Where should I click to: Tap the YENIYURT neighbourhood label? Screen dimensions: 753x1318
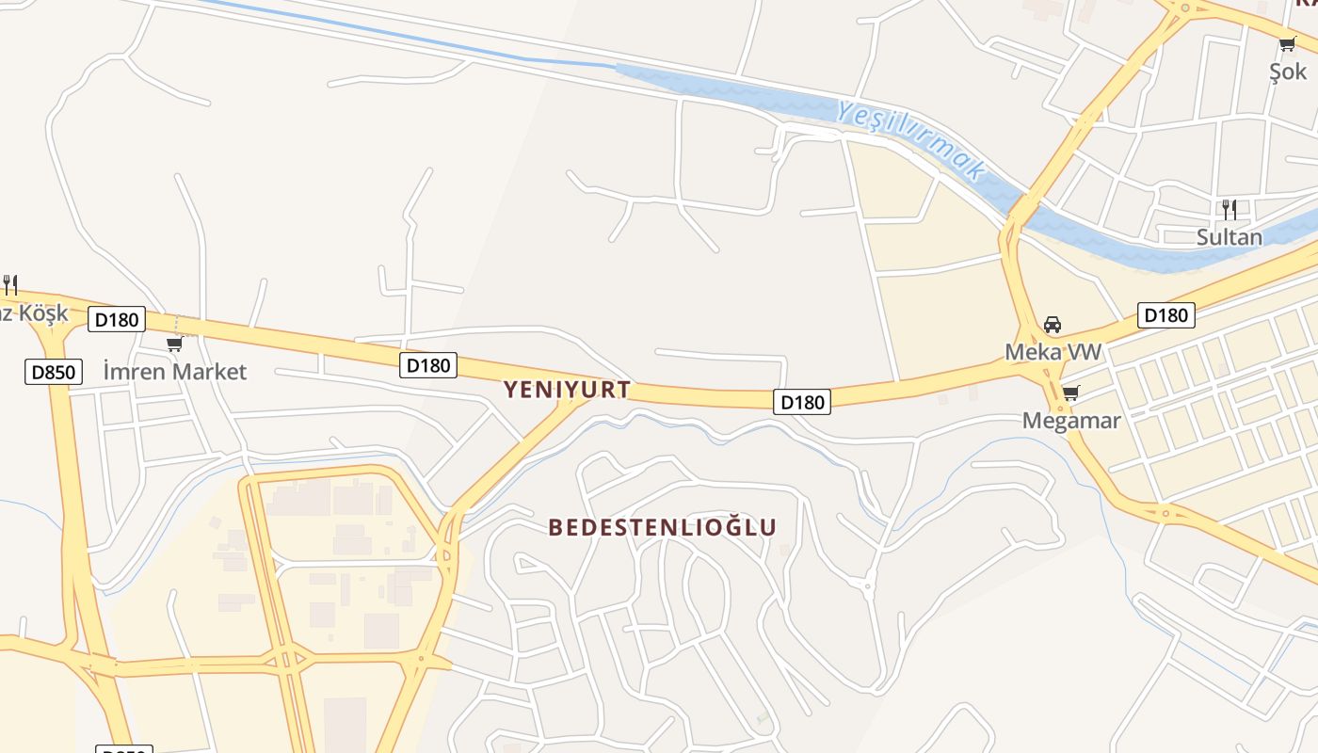pos(567,390)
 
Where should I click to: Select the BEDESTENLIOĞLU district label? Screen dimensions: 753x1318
pos(663,527)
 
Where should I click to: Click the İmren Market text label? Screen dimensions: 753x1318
pos(174,372)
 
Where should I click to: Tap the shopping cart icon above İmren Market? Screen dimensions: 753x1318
pos(174,344)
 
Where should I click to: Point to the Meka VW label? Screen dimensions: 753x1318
pos(1053,352)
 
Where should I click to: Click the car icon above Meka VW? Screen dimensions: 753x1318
pos(1053,325)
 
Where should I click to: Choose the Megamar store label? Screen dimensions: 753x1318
pos(1071,421)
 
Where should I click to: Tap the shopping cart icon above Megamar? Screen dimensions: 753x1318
pos(1070,393)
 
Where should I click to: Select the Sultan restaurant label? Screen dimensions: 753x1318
pos(1229,237)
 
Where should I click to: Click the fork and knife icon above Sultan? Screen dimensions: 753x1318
pos(1229,209)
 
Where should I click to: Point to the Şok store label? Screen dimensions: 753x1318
pos(1288,72)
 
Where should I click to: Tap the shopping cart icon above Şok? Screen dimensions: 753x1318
pos(1288,43)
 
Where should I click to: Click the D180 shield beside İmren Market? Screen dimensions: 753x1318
pos(117,319)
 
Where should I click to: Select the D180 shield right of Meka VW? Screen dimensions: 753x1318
pos(1165,315)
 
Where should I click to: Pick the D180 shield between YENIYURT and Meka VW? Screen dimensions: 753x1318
pos(802,402)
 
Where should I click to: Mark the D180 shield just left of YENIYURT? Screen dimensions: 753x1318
pos(428,365)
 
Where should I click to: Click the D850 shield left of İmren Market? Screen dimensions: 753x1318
pos(54,372)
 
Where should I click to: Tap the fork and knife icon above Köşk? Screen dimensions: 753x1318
pos(10,283)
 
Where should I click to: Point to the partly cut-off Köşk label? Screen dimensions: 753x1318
pos(34,313)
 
